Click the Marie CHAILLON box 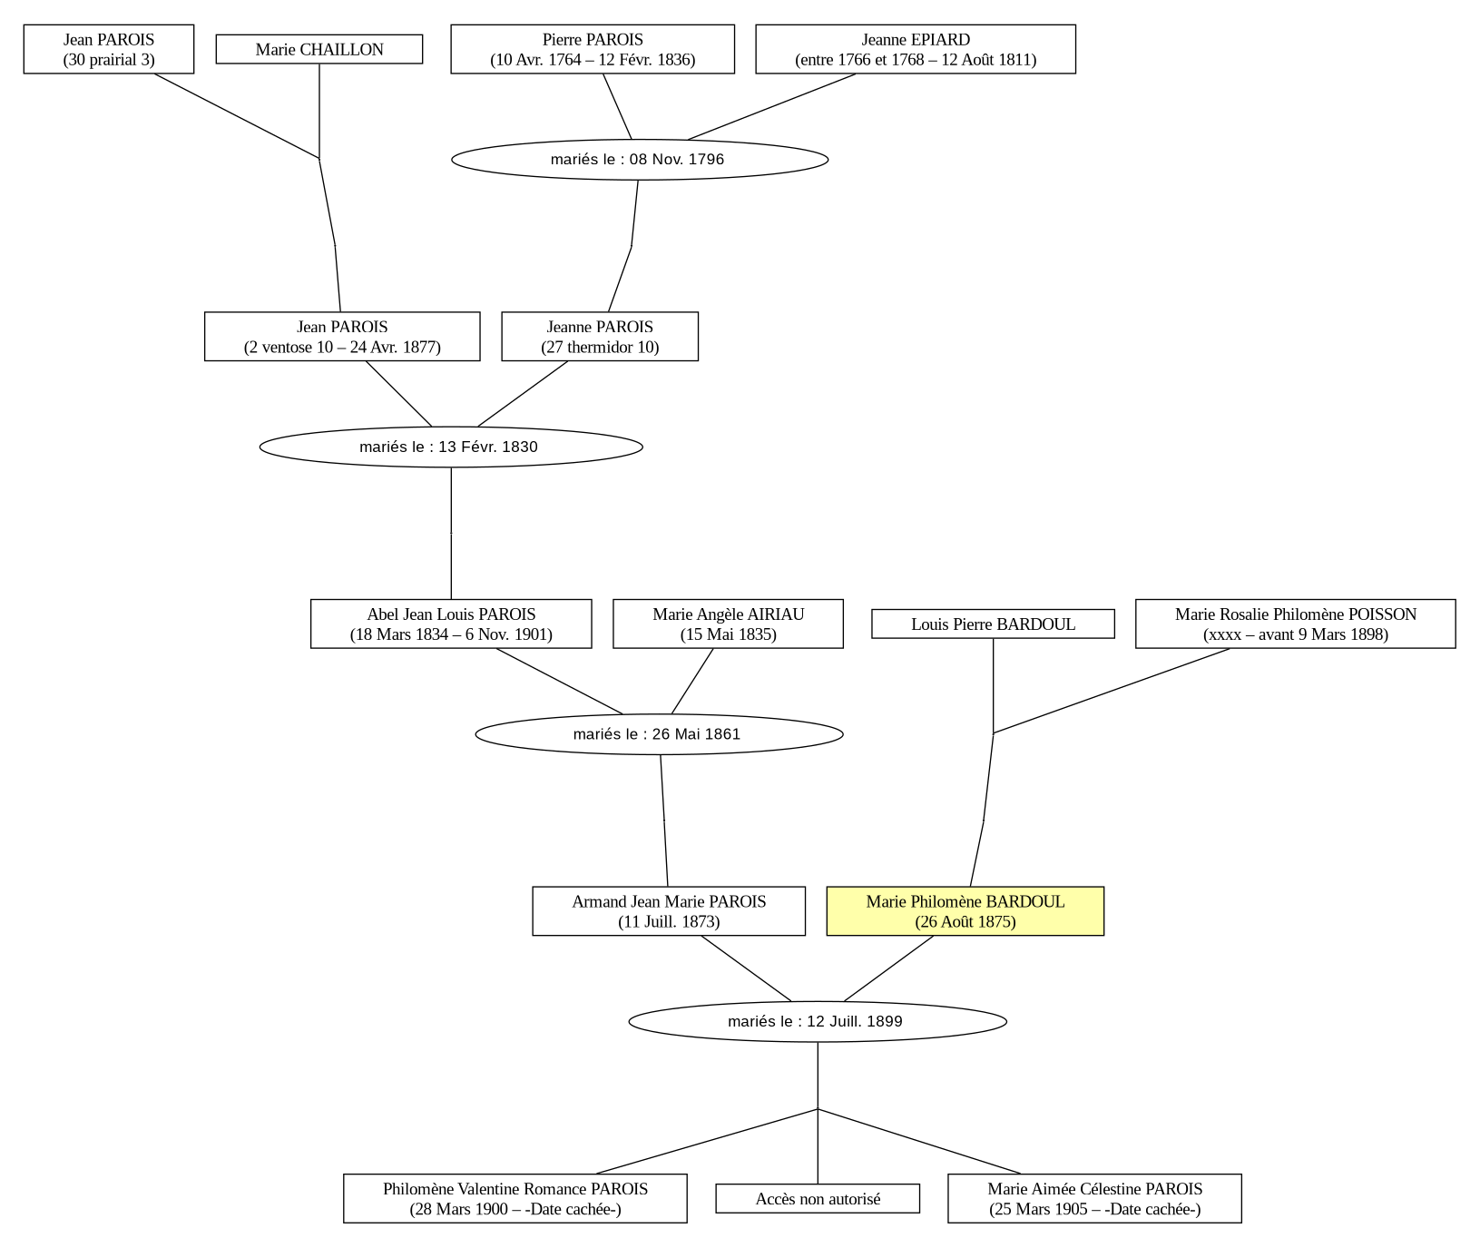tap(319, 49)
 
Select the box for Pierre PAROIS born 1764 tap(593, 49)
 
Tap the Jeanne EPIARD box tap(916, 49)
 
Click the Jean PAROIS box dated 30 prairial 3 tap(109, 49)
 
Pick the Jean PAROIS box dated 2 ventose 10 tap(342, 337)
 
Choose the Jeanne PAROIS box tap(600, 337)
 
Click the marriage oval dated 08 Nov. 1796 tap(640, 160)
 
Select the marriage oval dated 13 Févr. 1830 tap(451, 447)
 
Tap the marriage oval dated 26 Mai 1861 tap(659, 734)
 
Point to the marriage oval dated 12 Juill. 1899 tap(818, 1022)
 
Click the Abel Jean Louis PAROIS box tap(451, 624)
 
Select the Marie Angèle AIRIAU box tap(728, 624)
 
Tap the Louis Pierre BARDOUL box tap(993, 624)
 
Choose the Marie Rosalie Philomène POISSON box tap(1296, 624)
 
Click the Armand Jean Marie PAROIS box tap(669, 911)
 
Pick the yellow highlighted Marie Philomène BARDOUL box tap(965, 911)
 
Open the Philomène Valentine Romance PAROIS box tap(515, 1199)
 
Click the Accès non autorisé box tap(818, 1199)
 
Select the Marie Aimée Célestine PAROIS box tap(1095, 1199)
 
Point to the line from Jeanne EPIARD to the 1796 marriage tap(771, 107)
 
